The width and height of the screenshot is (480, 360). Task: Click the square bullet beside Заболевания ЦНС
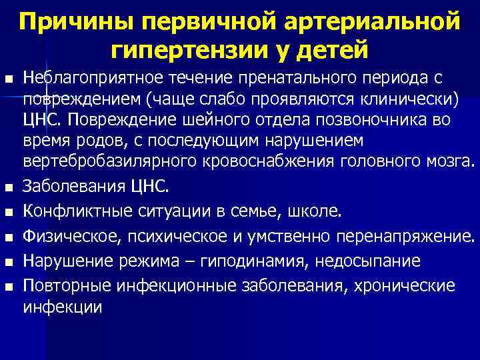(x=8, y=187)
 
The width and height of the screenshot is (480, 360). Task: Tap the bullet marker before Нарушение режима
(x=8, y=261)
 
